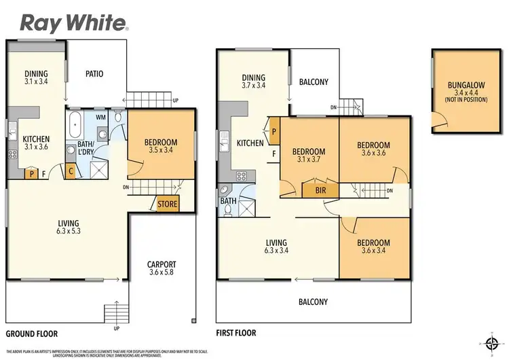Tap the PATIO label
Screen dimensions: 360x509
coord(94,73)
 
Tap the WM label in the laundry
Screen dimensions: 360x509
coord(100,118)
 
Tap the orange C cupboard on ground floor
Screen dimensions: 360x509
coord(71,170)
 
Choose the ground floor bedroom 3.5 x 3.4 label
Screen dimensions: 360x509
coord(161,146)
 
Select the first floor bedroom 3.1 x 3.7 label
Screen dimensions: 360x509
coord(308,156)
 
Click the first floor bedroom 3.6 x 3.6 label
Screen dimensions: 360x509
coord(373,149)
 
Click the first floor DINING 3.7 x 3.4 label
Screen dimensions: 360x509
coord(252,82)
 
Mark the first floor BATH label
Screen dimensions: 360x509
coord(227,201)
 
